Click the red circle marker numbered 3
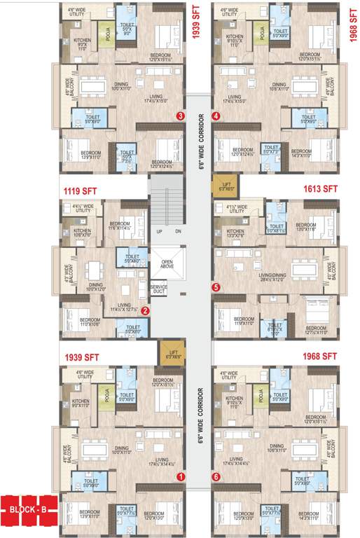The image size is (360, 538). (x=181, y=116)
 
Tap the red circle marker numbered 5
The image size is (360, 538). (x=216, y=287)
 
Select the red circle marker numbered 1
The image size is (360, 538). (x=181, y=476)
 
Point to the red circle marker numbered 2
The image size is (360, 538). (x=145, y=311)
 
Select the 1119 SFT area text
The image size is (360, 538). (x=81, y=190)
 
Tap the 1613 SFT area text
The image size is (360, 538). (x=321, y=189)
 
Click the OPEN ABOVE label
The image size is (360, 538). (x=167, y=263)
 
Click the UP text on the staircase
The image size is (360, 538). (x=159, y=231)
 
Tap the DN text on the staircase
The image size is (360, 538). (x=177, y=231)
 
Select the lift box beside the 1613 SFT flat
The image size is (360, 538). (x=226, y=186)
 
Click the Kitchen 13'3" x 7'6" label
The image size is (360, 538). (x=235, y=233)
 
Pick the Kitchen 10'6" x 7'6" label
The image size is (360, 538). (x=83, y=233)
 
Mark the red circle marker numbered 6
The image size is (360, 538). (x=216, y=476)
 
